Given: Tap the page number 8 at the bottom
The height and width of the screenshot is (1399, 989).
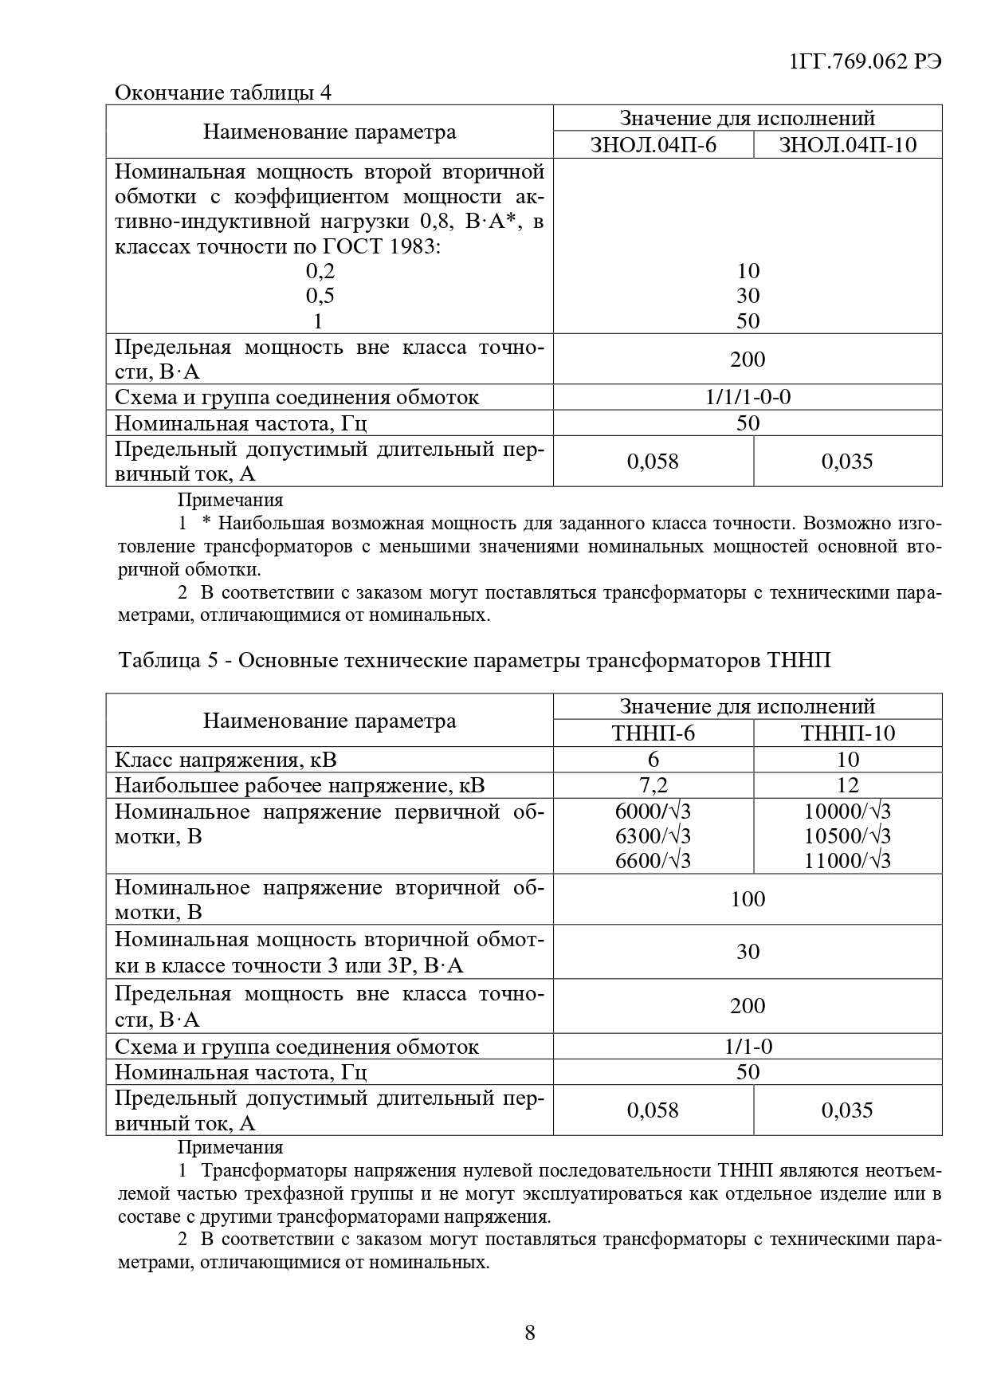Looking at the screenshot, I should [x=530, y=1332].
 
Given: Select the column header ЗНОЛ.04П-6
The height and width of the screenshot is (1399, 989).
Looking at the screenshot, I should [x=653, y=144].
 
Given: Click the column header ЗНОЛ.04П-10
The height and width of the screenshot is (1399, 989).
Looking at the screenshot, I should [x=847, y=144].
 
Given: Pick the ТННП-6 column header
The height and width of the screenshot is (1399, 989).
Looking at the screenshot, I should [x=653, y=733].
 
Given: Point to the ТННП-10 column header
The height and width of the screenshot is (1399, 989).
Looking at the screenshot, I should [x=847, y=733].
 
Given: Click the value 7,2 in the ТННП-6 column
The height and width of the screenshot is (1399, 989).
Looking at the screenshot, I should [x=653, y=785].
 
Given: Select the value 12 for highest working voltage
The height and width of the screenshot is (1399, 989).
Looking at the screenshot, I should [x=847, y=785].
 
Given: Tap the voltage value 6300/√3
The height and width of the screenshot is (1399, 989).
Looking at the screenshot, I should [x=653, y=835].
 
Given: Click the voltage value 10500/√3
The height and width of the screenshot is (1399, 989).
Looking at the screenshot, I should [x=847, y=835].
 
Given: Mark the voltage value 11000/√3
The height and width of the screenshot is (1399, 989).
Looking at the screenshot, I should [x=847, y=860].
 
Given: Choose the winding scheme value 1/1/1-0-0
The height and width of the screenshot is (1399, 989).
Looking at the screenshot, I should [x=748, y=397].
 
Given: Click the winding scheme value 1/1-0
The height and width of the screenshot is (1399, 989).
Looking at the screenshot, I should [x=748, y=1046].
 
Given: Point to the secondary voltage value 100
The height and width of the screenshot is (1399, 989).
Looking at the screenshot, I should [x=748, y=899].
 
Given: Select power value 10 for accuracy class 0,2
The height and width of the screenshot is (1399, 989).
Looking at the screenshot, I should [x=748, y=271].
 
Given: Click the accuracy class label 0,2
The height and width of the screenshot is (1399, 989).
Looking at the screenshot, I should [x=320, y=271].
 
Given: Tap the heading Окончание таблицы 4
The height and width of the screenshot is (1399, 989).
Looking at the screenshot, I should [x=223, y=92].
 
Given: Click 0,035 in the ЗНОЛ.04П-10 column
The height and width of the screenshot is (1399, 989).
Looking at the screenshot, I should [x=847, y=462].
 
